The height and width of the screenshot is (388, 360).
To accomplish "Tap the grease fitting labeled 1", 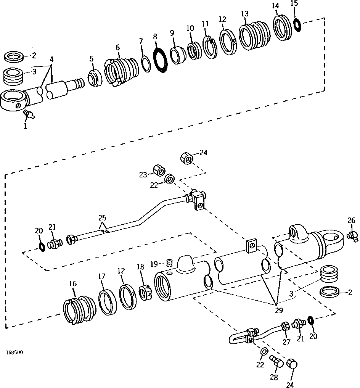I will (29, 114).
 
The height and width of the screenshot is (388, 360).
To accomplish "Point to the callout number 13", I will (244, 14).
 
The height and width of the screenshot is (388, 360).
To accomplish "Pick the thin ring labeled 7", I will (145, 62).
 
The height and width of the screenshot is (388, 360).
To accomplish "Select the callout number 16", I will (72, 283).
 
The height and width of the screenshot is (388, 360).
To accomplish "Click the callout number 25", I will (102, 218).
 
